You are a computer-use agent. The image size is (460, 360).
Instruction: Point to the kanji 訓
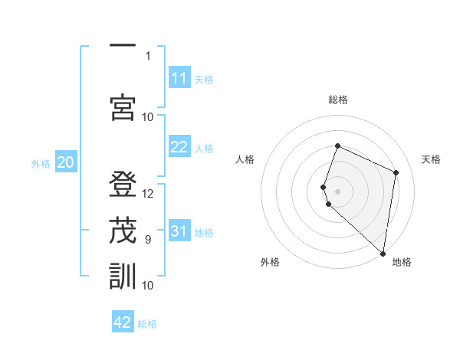(123, 275)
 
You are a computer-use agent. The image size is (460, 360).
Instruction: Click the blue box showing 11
(179, 78)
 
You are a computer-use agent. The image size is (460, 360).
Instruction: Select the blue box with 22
(179, 148)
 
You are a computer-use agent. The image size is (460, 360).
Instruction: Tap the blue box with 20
(66, 162)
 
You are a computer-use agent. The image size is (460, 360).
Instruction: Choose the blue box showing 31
(179, 232)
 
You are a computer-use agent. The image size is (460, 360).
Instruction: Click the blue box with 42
(123, 322)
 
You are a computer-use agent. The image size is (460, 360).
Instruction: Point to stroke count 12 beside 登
(148, 194)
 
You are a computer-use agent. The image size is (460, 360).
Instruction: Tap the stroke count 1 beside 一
(148, 55)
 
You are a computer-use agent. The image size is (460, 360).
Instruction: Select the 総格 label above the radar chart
(338, 100)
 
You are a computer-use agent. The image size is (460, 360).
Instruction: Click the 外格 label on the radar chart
(270, 262)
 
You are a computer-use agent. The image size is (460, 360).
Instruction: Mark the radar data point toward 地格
(383, 254)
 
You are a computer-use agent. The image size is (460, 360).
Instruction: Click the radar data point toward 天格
(396, 172)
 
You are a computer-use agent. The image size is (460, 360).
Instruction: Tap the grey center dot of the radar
(338, 191)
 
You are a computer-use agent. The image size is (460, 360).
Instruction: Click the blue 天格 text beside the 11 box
(204, 79)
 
